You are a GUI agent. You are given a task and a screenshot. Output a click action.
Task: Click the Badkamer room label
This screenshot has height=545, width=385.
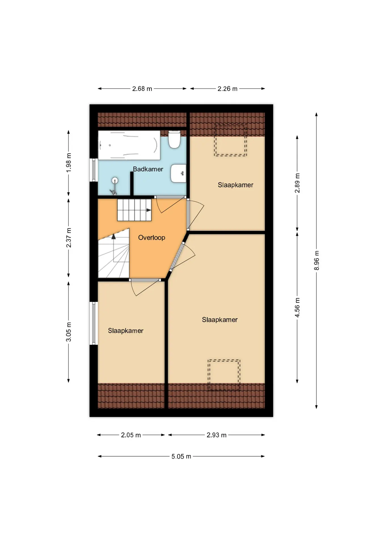tap(148, 169)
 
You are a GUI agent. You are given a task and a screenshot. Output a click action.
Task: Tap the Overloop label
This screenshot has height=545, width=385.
tap(152, 238)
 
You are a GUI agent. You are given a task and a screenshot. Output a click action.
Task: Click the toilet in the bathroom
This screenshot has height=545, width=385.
tap(174, 139)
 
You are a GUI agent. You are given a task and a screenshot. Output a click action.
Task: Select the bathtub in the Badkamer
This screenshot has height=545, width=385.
tap(129, 145)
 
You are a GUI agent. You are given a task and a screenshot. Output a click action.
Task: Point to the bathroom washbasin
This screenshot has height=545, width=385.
tap(178, 173)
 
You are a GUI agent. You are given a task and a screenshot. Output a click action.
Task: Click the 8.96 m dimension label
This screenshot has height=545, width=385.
tap(317, 261)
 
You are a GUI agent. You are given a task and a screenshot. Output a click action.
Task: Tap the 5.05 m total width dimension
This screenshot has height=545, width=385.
tap(181, 456)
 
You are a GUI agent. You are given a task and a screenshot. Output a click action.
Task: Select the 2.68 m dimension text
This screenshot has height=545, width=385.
tap(142, 89)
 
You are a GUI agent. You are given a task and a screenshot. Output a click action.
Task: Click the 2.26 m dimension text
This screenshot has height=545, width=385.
tap(227, 89)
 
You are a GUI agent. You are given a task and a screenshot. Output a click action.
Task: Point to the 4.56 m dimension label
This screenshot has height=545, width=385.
tap(297, 308)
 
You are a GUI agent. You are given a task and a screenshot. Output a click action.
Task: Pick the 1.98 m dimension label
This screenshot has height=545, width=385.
tap(69, 163)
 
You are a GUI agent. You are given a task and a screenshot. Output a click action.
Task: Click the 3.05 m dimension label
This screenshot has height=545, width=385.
tap(69, 332)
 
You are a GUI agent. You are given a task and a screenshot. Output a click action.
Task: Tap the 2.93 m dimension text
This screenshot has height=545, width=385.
tap(216, 435)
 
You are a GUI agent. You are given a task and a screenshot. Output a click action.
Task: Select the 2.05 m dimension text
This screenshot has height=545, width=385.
tap(131, 435)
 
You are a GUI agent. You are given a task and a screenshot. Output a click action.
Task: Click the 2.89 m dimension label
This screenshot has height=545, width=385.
tap(297, 183)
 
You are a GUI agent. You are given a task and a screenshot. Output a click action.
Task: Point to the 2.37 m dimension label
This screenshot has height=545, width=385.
tap(69, 238)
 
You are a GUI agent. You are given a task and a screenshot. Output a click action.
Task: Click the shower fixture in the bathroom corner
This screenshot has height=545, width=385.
tap(114, 186)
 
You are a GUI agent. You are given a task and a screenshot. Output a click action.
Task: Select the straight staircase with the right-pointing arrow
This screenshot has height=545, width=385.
tap(134, 210)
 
